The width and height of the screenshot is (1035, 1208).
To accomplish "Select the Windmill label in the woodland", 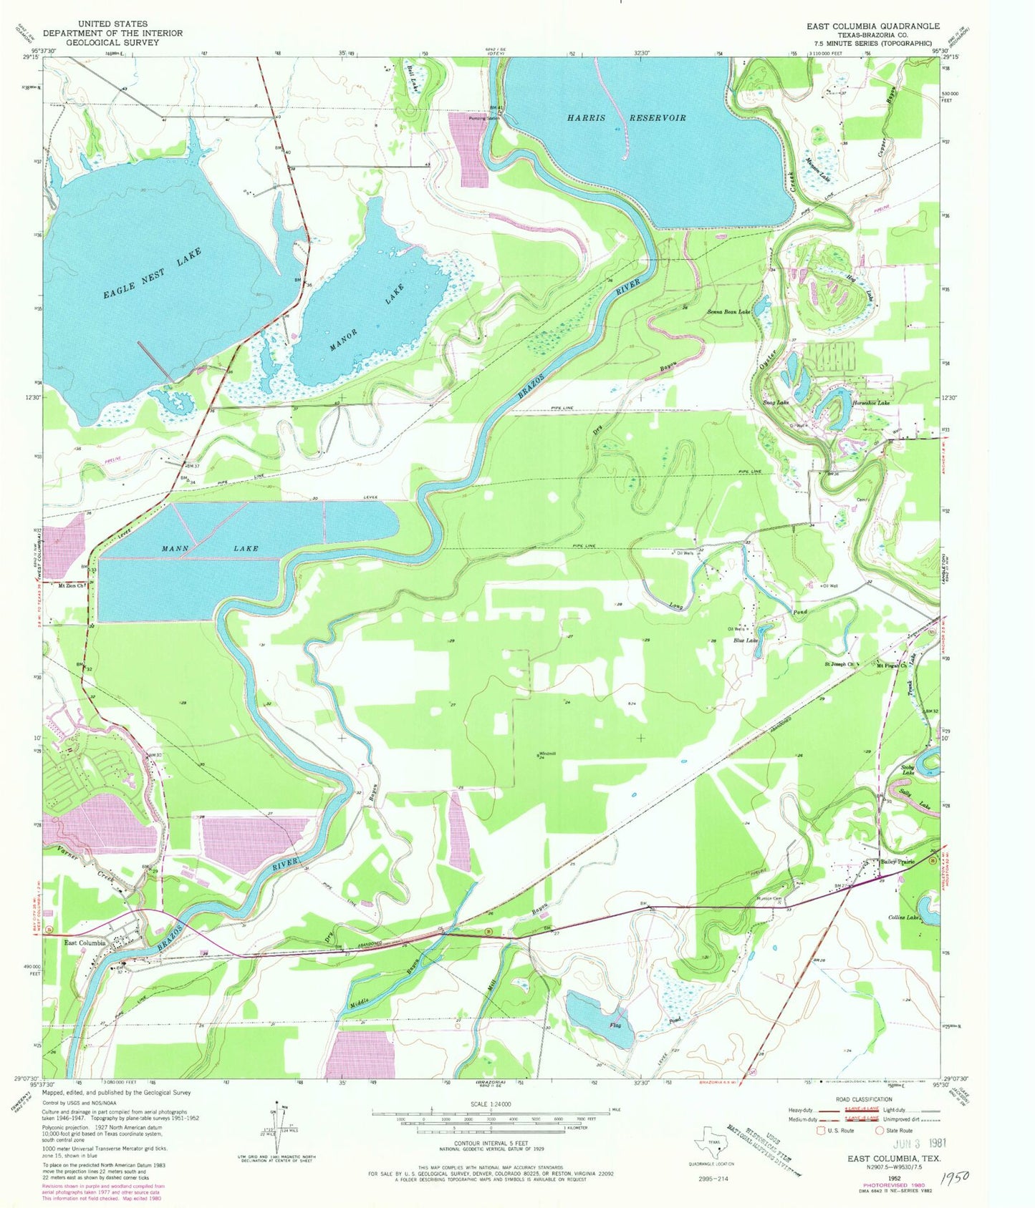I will pos(548,754).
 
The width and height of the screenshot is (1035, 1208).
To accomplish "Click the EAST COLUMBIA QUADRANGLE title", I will pos(872,26).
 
